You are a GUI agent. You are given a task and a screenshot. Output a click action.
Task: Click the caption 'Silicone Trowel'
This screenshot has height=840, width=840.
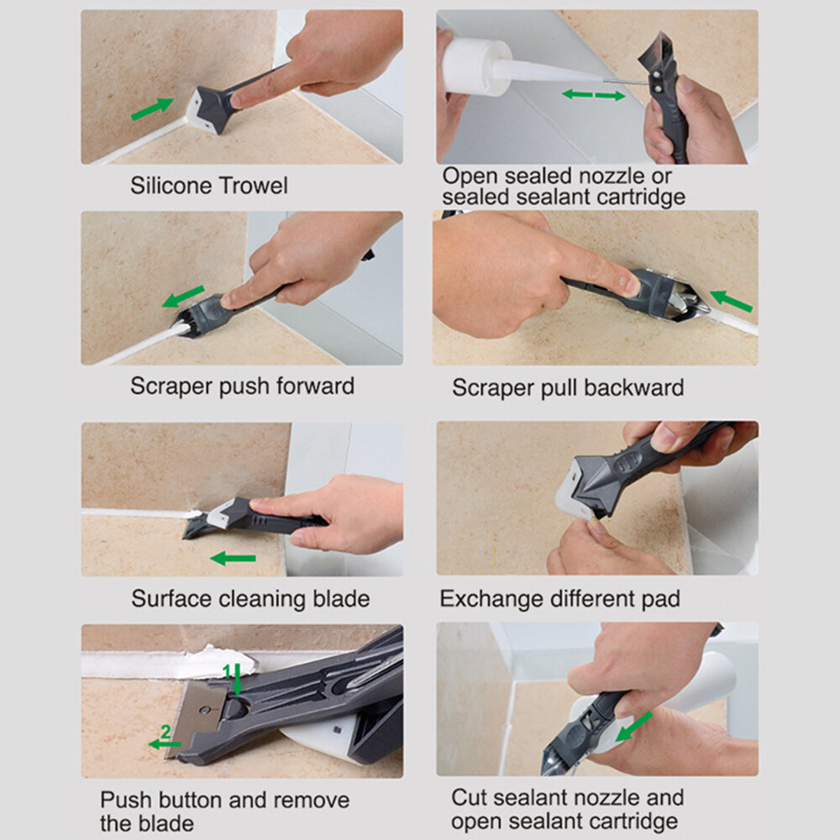pos(208,186)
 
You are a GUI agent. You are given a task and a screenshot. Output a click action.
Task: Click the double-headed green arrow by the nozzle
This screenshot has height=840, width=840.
pos(593,95)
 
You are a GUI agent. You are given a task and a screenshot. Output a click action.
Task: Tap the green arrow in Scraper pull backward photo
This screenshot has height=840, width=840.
pos(731,300)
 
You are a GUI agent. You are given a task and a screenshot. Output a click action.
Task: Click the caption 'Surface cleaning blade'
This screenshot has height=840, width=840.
pos(250,599)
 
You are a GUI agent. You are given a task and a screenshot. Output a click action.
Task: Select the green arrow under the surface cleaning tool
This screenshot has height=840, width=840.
pos(233,558)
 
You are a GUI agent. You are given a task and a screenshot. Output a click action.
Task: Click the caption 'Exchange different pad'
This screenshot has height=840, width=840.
pos(559,599)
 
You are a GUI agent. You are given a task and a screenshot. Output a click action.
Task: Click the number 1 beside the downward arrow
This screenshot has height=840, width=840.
pos(226,669)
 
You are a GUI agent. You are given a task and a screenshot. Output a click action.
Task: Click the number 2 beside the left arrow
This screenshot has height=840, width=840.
pos(165,732)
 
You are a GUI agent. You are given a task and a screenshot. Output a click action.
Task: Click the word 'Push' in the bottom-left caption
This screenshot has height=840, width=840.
pos(126,800)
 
